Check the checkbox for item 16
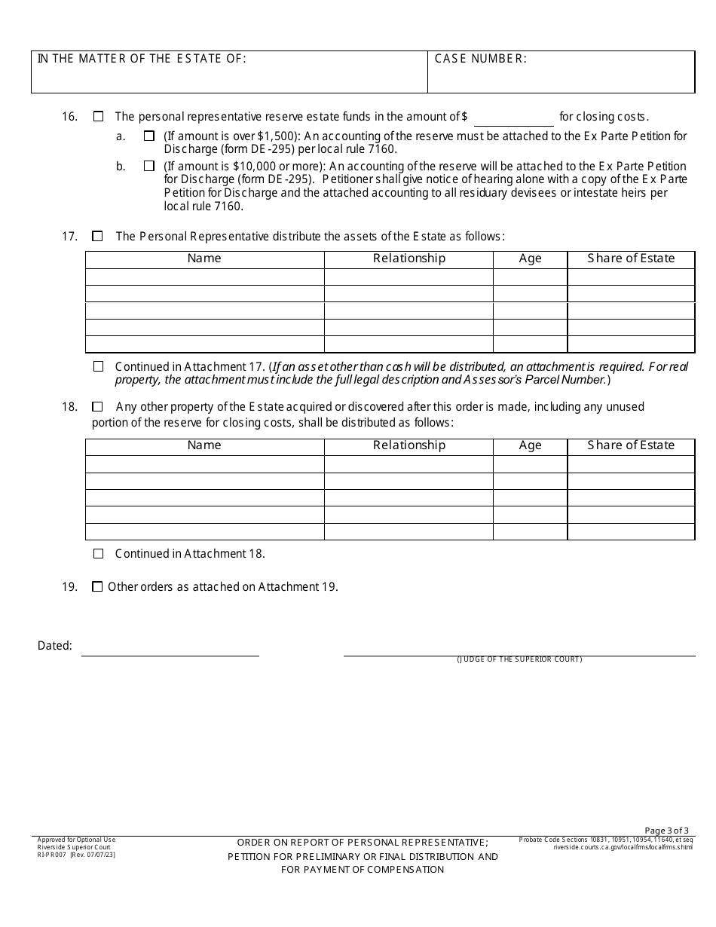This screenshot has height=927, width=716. tap(98, 117)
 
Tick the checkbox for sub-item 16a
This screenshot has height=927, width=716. tap(149, 136)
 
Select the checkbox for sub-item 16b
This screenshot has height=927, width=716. tap(149, 166)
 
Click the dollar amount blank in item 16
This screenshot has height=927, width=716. tap(513, 118)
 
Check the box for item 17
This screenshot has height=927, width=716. tap(97, 237)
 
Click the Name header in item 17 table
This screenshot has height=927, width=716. tap(204, 259)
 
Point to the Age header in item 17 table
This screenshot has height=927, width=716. tap(530, 259)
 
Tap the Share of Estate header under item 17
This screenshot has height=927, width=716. tap(631, 259)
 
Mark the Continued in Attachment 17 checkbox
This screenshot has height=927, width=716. tap(98, 367)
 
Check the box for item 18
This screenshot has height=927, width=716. tap(97, 407)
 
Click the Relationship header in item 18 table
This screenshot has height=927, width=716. tap(409, 445)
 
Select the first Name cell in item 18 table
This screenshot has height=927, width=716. tap(204, 464)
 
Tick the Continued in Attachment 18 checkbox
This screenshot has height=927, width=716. tap(98, 554)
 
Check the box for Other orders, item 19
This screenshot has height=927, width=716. tap(97, 587)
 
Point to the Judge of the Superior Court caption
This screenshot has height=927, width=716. tap(519, 660)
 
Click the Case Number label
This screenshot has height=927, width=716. tap(481, 59)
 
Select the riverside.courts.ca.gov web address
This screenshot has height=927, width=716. tap(623, 847)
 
